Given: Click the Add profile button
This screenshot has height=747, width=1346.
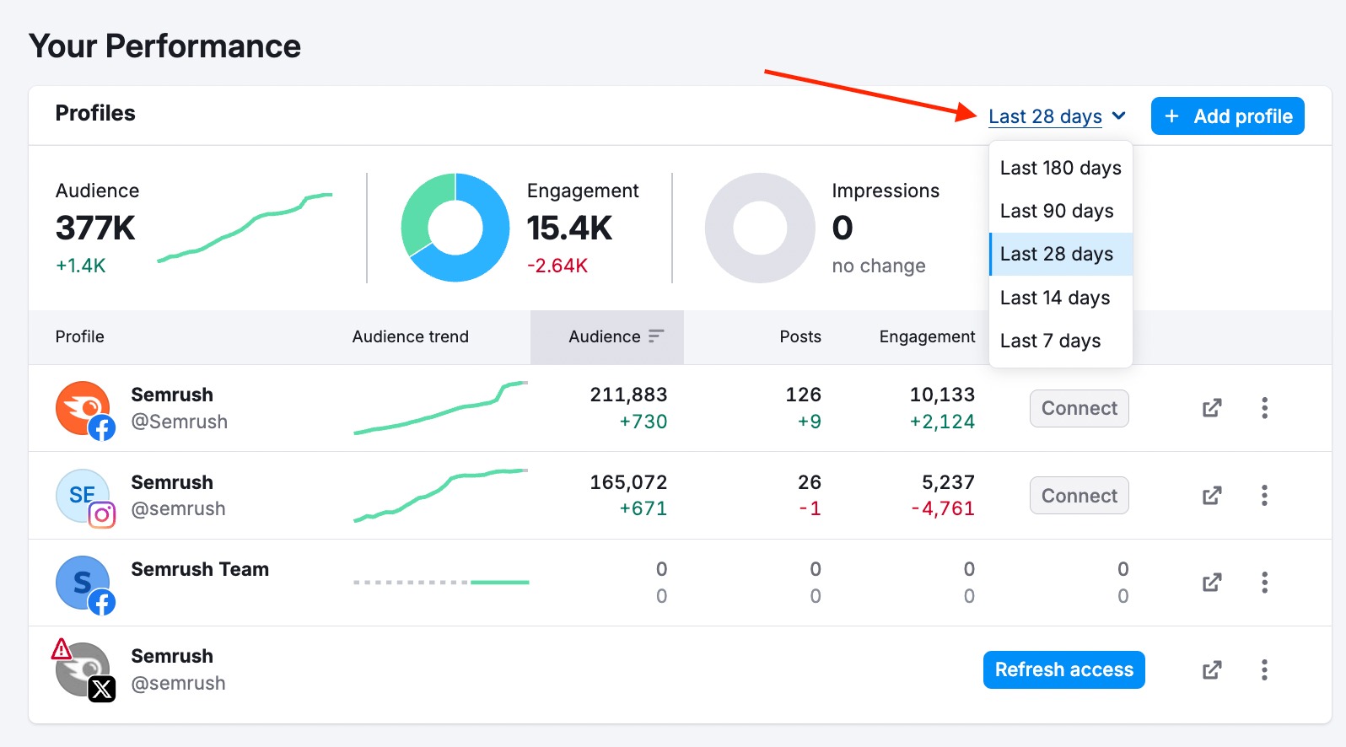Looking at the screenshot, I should tap(1227, 116).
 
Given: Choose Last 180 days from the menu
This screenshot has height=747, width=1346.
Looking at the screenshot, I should tap(1060, 168).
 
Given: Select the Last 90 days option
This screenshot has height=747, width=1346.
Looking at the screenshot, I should tap(1057, 211).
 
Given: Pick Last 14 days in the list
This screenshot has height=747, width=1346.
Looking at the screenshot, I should tap(1055, 298).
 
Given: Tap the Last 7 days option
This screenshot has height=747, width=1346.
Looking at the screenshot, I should tap(1050, 341).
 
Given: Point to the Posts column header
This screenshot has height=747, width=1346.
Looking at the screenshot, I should tap(800, 336).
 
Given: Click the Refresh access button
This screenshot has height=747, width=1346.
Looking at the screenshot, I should tap(1063, 669).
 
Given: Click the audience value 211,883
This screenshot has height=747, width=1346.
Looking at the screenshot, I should tap(628, 395).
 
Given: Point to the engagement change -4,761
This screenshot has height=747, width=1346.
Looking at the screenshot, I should tap(943, 508).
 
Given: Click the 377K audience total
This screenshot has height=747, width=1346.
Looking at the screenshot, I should tap(95, 228).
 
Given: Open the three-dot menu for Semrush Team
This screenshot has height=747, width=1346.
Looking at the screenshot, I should tap(1264, 583).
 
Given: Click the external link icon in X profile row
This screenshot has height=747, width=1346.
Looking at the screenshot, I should tap(1212, 669).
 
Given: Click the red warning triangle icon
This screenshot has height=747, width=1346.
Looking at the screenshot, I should tap(62, 649).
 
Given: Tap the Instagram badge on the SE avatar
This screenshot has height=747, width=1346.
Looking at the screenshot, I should tap(102, 514).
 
